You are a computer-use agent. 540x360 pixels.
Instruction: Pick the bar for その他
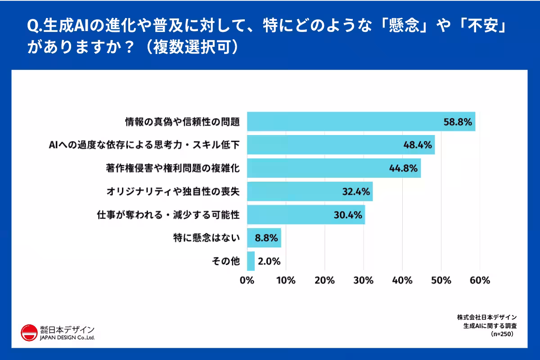point(251,261)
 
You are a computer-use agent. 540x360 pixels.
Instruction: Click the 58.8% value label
point(458,121)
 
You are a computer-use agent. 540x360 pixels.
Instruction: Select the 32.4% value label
point(355,192)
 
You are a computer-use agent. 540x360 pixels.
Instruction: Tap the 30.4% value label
point(348,215)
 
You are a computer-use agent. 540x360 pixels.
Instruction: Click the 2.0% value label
point(270,261)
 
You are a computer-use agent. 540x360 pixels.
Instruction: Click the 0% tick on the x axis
point(247,281)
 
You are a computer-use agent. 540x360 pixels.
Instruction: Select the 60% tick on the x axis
point(480,281)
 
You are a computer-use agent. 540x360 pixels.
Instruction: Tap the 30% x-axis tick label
point(364,281)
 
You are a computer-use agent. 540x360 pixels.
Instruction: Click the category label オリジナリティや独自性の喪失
point(172,192)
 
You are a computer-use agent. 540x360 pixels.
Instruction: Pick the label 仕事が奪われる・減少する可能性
point(168,215)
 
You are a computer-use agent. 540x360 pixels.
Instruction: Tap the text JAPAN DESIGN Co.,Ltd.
point(67,337)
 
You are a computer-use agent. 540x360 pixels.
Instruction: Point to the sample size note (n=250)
point(503,334)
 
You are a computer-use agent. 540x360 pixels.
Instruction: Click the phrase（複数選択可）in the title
point(189,47)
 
